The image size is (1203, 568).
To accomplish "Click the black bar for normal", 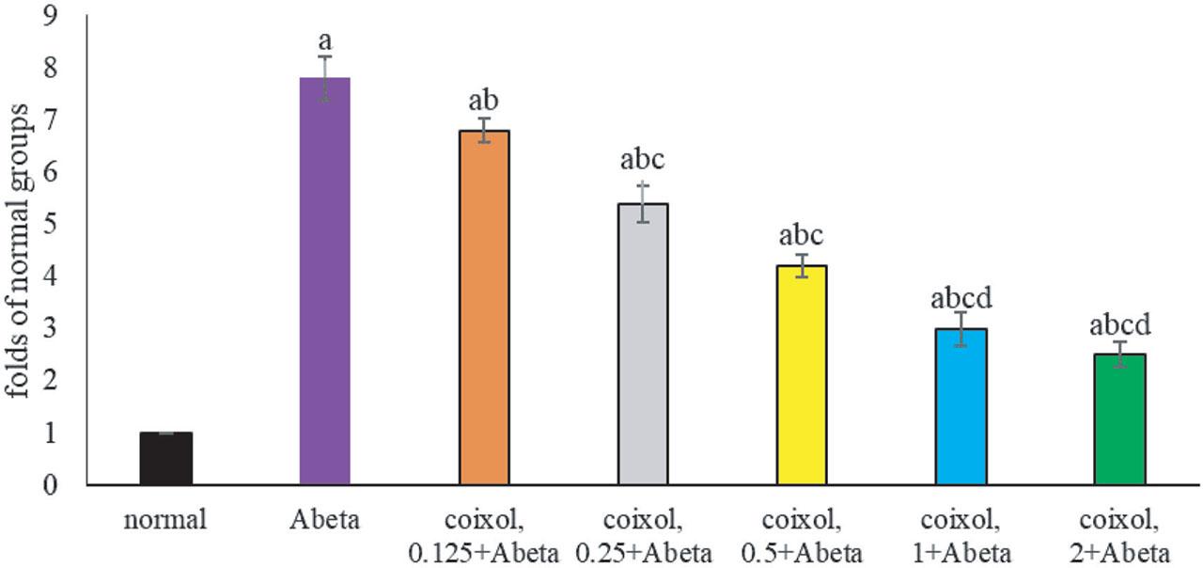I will pyautogui.click(x=166, y=459).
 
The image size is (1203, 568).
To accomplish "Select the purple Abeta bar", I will pyautogui.click(x=325, y=282).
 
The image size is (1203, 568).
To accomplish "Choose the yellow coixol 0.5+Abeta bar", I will pyautogui.click(x=802, y=375).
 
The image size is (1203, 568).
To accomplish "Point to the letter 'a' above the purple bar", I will pyautogui.click(x=325, y=41).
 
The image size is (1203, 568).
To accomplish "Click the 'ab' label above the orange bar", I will pyautogui.click(x=484, y=102).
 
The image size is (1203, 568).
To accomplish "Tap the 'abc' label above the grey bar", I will pyautogui.click(x=643, y=161).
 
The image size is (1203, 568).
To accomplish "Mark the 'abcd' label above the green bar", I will pyautogui.click(x=1119, y=325).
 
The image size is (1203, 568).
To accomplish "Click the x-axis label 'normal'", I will pyautogui.click(x=166, y=520).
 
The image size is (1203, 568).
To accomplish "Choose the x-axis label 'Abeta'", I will pyautogui.click(x=325, y=520).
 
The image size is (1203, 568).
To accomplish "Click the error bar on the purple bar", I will pyautogui.click(x=325, y=77).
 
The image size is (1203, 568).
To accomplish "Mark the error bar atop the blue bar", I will pyautogui.click(x=961, y=328).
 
